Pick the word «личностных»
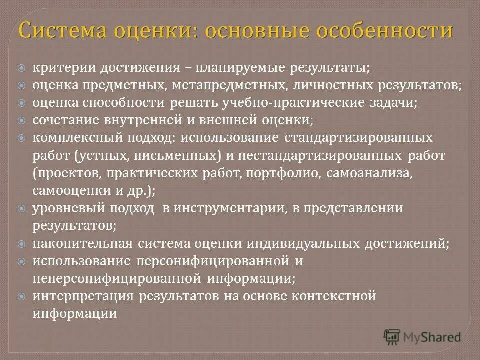[324, 85]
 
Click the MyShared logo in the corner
[422, 337]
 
